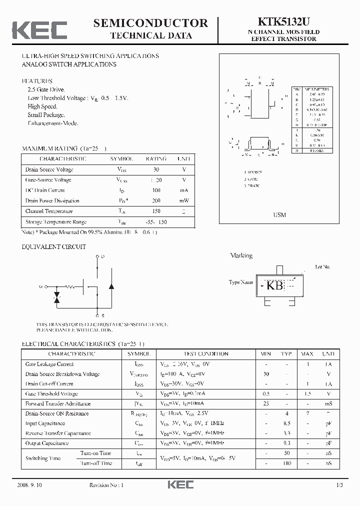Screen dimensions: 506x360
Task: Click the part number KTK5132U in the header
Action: pos(283,22)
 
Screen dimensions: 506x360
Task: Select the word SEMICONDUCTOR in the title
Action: pos(150,23)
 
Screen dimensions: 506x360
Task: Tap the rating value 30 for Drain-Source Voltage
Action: pos(156,169)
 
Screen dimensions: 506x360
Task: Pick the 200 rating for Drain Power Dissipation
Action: pos(156,200)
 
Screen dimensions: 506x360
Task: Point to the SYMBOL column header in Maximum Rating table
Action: pos(121,158)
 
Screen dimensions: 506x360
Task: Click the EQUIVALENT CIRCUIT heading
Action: pos(54,246)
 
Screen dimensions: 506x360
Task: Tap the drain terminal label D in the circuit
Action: pos(102,256)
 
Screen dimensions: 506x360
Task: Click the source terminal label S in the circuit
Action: pos(102,316)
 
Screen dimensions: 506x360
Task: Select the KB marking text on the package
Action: pos(274,285)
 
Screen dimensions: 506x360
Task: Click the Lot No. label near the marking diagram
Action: pos(322,267)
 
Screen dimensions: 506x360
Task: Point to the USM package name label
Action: pos(279,215)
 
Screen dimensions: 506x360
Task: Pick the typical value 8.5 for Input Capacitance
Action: pos(286,423)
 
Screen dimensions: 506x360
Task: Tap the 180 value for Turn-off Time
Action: pos(286,463)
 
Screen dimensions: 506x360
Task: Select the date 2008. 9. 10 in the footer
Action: pos(29,485)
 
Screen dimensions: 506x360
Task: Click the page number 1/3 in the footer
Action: pos(339,485)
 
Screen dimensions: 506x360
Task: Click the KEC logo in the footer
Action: pos(179,485)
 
